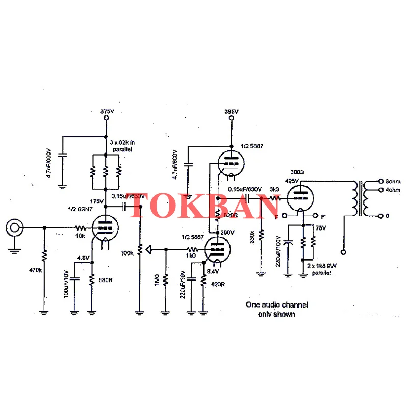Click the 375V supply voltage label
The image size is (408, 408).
pyautogui.click(x=107, y=111)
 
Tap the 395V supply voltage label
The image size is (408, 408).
pyautogui.click(x=231, y=111)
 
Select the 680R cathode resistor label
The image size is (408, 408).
pyautogui.click(x=106, y=280)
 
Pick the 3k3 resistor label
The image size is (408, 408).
pyautogui.click(x=275, y=190)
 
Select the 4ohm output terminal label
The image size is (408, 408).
pyautogui.click(x=393, y=190)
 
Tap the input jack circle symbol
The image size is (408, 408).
pyautogui.click(x=14, y=227)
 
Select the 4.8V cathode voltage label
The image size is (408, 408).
pyautogui.click(x=83, y=257)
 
